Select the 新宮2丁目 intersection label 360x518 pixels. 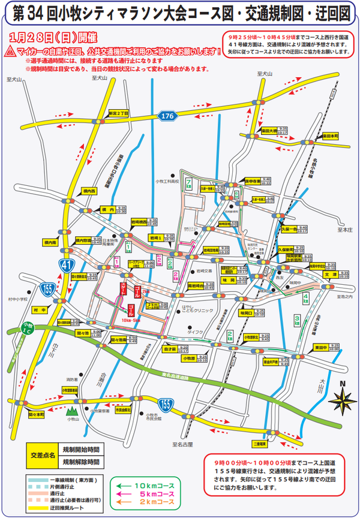(x=118, y=113)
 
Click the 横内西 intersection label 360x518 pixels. (x=89, y=191)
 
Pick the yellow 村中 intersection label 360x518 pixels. (x=40, y=310)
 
